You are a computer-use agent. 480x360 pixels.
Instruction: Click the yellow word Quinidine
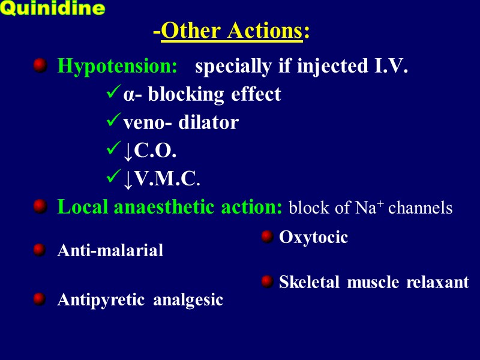point(53,9)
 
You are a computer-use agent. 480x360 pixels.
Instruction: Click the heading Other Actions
point(231,31)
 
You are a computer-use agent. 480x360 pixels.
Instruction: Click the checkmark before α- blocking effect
point(113,94)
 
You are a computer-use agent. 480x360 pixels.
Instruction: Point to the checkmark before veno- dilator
point(113,122)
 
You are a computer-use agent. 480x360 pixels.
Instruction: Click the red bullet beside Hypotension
point(40,65)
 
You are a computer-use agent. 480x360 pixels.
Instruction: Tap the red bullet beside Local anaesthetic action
point(40,207)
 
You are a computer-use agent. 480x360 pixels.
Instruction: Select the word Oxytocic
point(313,238)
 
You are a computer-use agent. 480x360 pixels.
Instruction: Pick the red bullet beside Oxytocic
point(268,237)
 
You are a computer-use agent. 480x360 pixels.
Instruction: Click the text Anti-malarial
point(110,251)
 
